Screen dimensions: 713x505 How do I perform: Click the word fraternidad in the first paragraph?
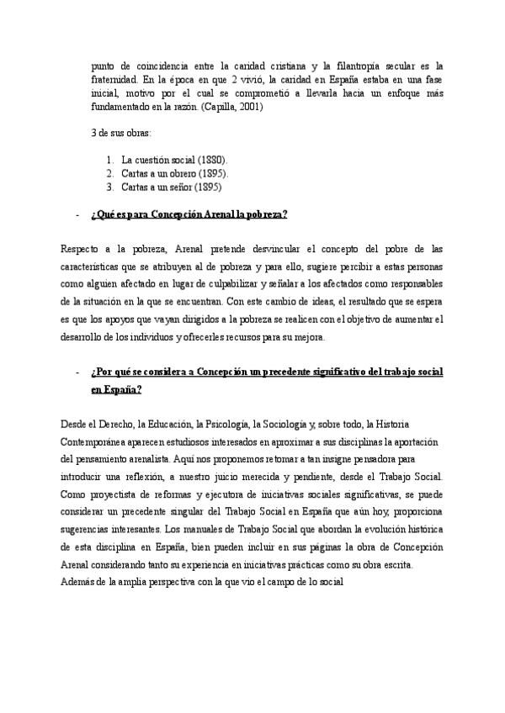pos(114,78)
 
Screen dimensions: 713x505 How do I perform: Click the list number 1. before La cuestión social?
pos(111,159)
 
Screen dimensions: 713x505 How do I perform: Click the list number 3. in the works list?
pos(111,187)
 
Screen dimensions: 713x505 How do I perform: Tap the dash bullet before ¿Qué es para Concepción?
pos(77,214)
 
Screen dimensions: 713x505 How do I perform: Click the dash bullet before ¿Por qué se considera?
pos(77,372)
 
